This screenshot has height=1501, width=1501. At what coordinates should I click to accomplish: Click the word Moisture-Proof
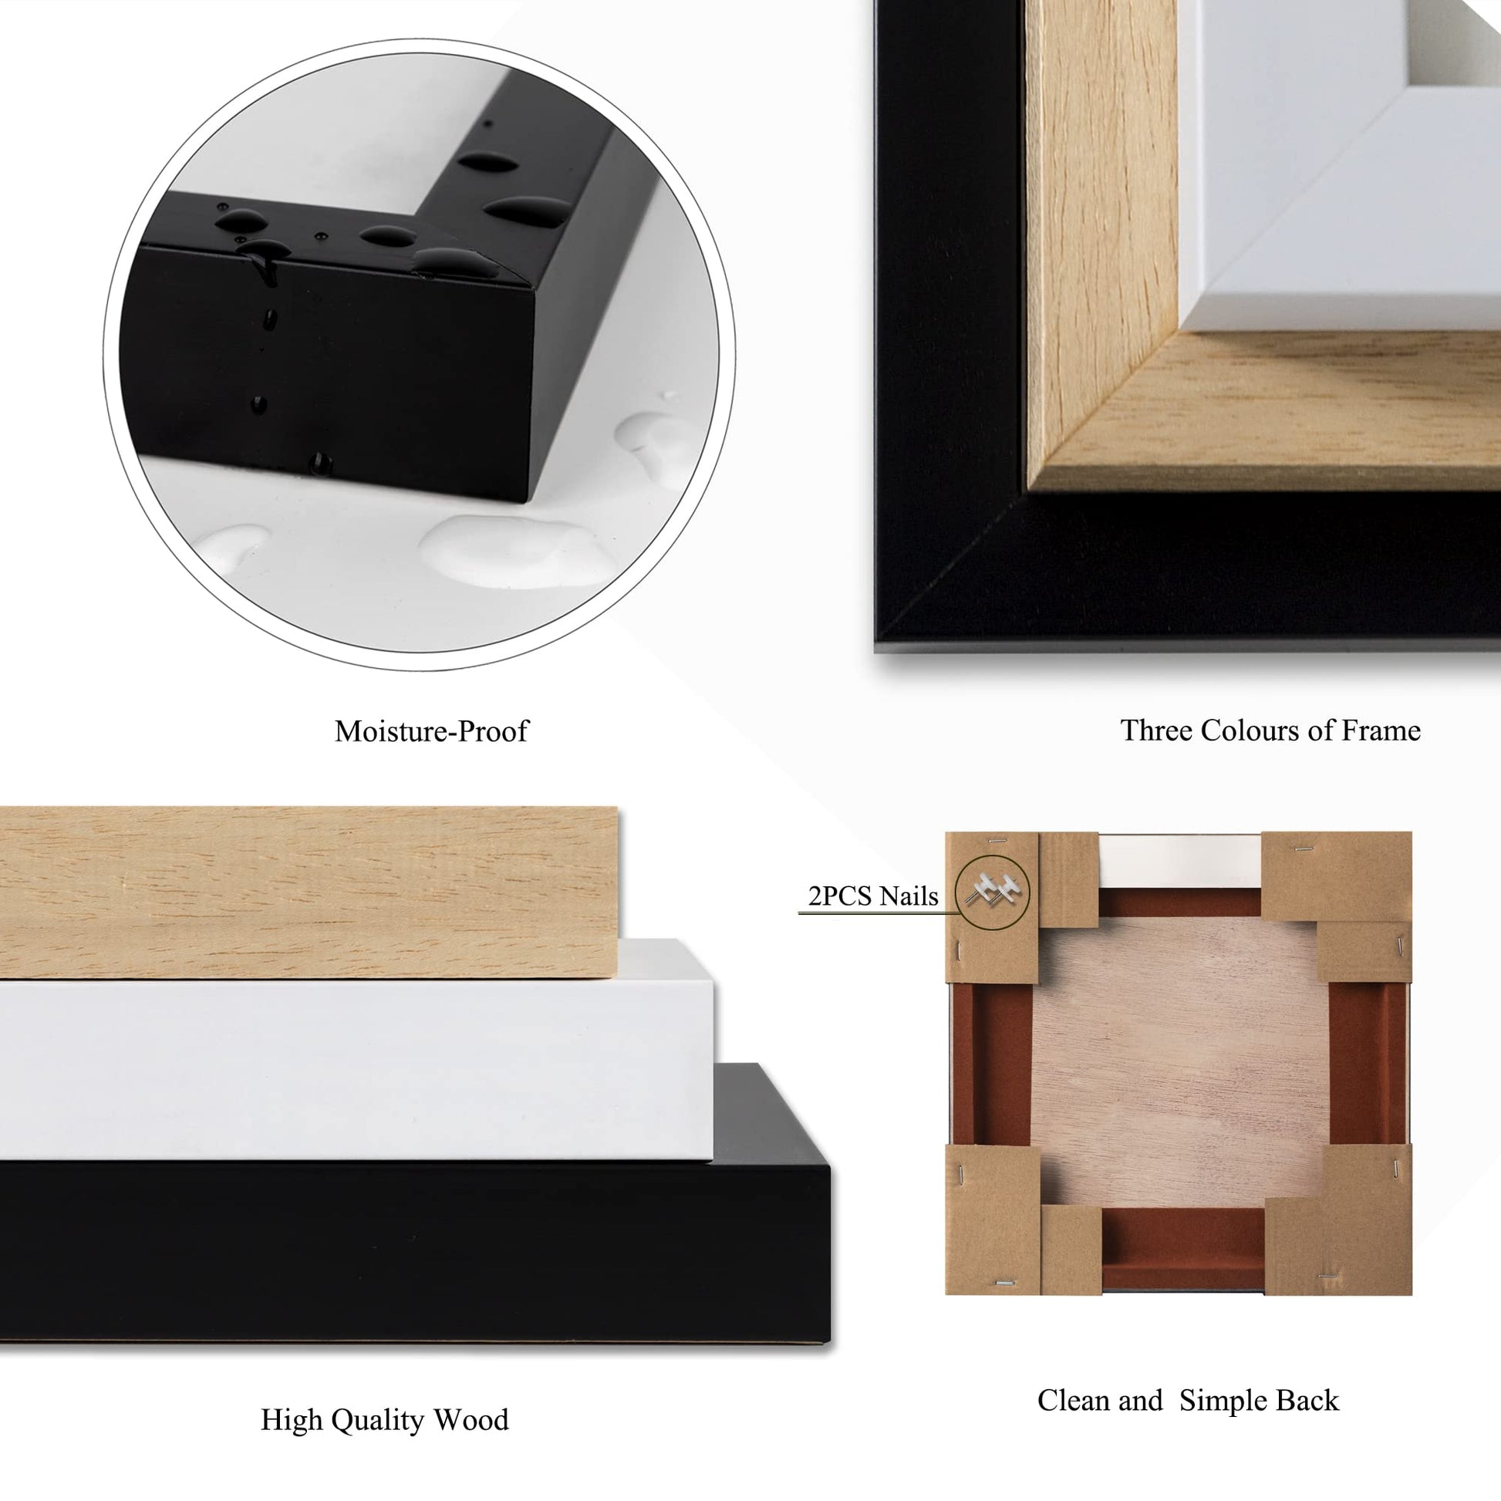point(431,731)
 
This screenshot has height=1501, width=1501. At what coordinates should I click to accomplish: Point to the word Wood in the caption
point(471,1420)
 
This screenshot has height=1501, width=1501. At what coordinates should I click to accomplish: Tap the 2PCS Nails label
point(873,896)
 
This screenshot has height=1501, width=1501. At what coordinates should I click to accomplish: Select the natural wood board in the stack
point(309,892)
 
